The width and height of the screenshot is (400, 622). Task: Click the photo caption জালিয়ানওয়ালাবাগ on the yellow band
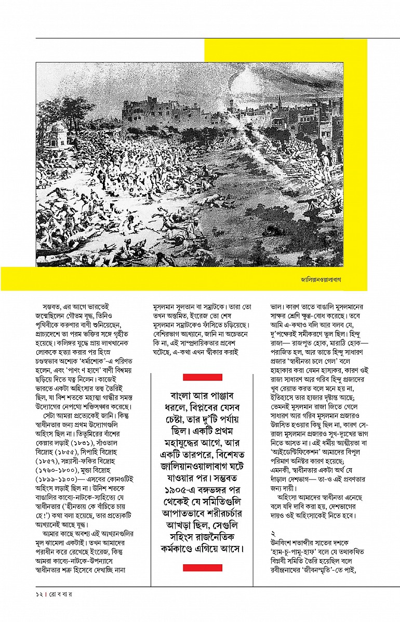pos(324,279)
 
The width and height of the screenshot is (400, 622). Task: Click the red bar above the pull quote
pos(203,377)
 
